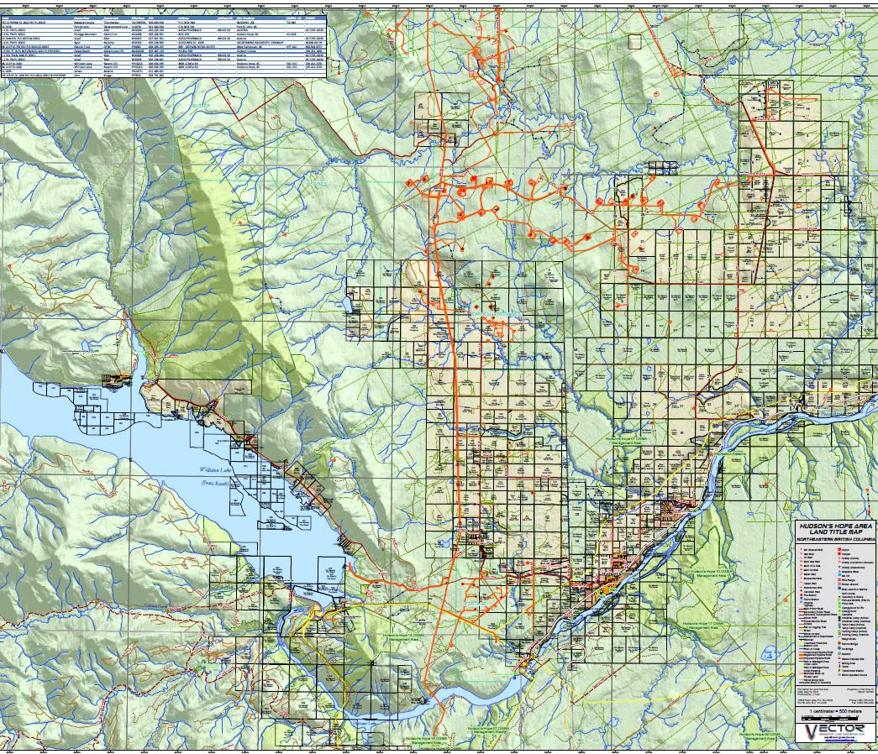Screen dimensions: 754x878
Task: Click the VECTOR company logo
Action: click(835, 732)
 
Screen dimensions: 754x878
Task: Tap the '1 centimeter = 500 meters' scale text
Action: click(835, 709)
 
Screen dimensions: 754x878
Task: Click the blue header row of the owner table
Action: click(164, 16)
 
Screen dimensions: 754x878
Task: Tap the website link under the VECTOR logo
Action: click(835, 746)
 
